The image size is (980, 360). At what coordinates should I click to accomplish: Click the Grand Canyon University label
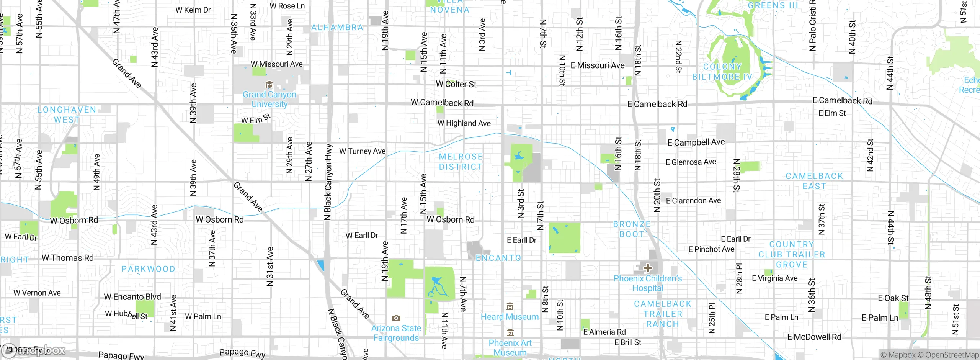[x=269, y=99]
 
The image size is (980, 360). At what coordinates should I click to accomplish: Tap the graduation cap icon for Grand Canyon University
[x=269, y=85]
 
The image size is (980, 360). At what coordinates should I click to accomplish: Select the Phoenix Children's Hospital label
[x=648, y=283]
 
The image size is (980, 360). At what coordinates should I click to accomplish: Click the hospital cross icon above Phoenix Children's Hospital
[x=647, y=268]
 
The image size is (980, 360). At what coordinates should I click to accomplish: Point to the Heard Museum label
[x=510, y=317]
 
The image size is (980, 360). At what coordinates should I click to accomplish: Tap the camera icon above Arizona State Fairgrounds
[x=396, y=318]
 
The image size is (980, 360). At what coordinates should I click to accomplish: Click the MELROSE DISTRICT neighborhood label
[x=461, y=162]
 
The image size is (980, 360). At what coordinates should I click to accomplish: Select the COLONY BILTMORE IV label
[x=722, y=72]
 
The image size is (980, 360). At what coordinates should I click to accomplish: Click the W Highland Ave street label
[x=464, y=123]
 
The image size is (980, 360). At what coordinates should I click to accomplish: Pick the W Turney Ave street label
[x=362, y=151]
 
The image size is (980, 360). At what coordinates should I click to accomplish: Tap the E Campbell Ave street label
[x=696, y=142]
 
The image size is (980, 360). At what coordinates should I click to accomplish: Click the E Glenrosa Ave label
[x=691, y=162]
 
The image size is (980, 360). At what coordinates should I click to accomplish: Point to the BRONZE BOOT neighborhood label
[x=632, y=229]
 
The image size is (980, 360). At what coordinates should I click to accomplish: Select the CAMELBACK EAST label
[x=814, y=181]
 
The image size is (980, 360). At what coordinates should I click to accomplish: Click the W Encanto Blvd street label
[x=132, y=297]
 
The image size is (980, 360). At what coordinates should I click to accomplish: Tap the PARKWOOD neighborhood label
[x=148, y=269]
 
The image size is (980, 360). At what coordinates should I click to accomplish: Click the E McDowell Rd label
[x=814, y=337]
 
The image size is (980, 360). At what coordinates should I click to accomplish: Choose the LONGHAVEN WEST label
[x=67, y=115]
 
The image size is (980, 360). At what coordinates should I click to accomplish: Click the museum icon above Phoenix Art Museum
[x=510, y=332]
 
